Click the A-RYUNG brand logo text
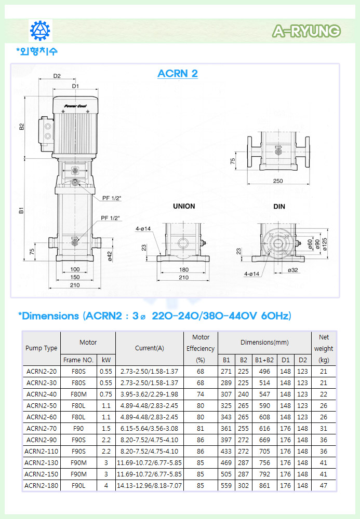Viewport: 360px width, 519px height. (306, 31)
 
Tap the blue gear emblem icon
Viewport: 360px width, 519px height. (40, 31)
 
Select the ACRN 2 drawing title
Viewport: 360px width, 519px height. (178, 74)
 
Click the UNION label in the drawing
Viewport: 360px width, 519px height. (184, 206)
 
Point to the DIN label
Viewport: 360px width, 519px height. (279, 207)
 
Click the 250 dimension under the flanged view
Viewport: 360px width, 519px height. (278, 181)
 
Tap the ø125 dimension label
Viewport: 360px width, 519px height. (325, 244)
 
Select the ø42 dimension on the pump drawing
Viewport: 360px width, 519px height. (110, 256)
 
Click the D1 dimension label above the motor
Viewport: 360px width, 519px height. (75, 86)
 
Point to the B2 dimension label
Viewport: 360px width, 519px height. (22, 127)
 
